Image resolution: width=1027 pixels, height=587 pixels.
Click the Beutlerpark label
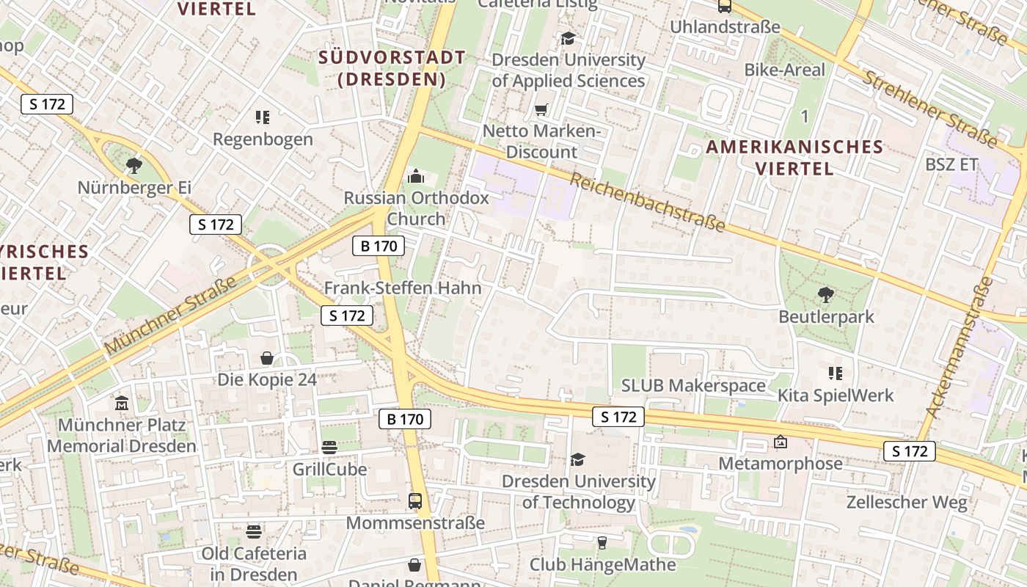(x=826, y=317)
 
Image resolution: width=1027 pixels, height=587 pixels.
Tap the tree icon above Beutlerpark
(x=826, y=295)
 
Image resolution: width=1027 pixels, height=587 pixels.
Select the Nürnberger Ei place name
(x=134, y=187)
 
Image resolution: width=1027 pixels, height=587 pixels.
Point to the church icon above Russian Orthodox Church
(x=416, y=176)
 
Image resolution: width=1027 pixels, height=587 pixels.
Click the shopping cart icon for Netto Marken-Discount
(x=541, y=110)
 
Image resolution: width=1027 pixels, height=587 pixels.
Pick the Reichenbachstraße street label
(x=647, y=202)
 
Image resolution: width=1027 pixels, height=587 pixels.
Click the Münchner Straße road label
(x=170, y=316)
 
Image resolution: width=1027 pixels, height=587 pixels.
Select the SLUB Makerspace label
(x=693, y=385)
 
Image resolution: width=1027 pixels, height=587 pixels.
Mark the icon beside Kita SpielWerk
(x=835, y=373)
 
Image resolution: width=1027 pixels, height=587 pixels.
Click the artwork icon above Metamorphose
(x=780, y=442)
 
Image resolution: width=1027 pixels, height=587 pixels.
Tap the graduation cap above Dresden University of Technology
(x=578, y=459)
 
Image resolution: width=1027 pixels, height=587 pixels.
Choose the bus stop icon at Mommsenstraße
(x=415, y=501)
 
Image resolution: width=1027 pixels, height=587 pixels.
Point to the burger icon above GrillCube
(x=329, y=448)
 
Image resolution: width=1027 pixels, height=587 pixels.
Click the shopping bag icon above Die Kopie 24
(x=267, y=358)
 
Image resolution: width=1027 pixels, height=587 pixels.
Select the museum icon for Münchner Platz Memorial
(x=122, y=403)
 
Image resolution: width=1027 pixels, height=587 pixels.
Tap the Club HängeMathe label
(x=602, y=564)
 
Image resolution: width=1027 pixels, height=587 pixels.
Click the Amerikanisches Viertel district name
(x=794, y=157)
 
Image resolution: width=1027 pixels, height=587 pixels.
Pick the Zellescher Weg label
(x=907, y=503)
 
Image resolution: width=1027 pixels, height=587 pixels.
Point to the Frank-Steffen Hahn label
(x=403, y=288)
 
